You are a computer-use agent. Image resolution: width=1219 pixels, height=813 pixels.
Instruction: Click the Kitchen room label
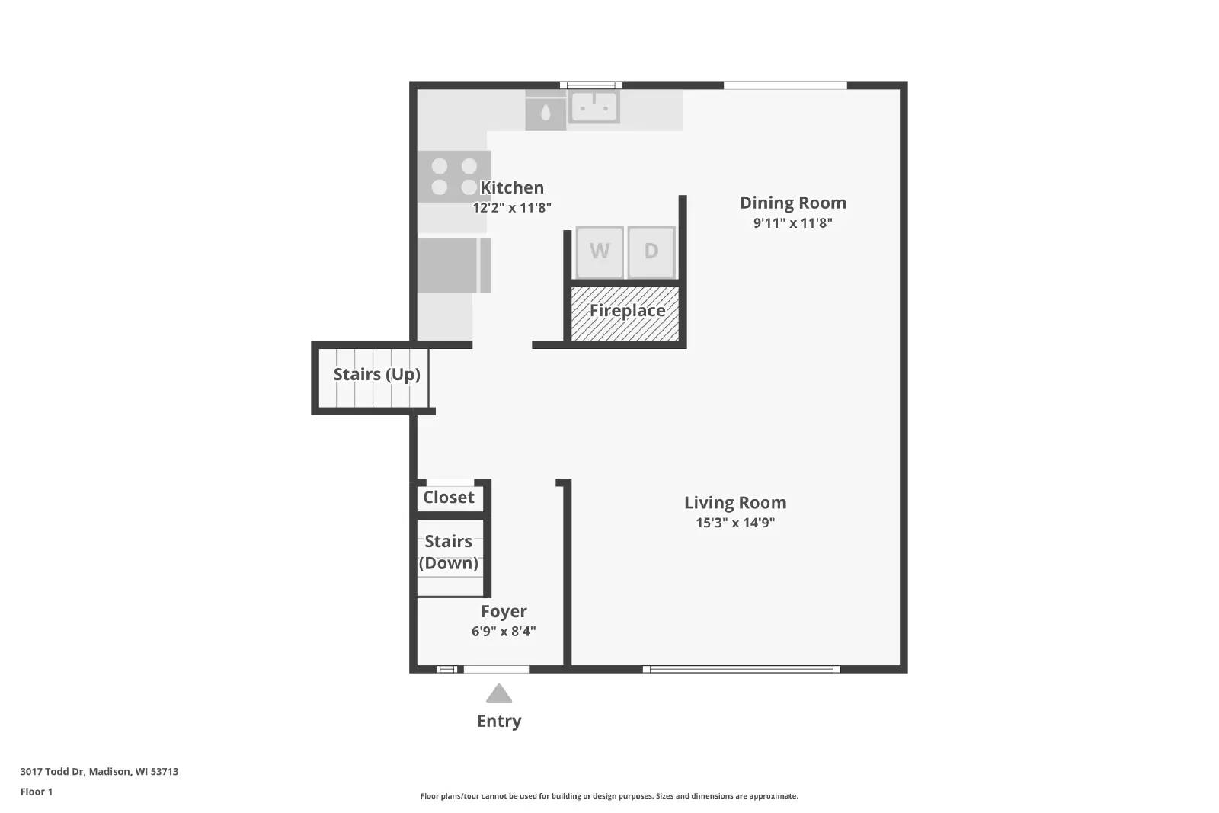pos(511,187)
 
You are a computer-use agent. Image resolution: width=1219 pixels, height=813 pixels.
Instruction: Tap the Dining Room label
pos(793,203)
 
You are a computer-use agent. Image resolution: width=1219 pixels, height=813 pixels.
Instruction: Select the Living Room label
pos(735,502)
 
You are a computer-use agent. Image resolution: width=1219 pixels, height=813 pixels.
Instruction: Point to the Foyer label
pos(504,612)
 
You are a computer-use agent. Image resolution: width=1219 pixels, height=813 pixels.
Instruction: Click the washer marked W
pos(599,251)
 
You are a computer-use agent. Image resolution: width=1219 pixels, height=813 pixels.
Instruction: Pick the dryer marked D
pos(651,251)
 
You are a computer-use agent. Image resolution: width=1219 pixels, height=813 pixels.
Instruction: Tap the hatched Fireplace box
pos(625,313)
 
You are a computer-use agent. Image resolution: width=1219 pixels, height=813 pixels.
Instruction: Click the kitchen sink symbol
pos(594,107)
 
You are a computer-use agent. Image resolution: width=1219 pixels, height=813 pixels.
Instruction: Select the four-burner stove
pos(454,177)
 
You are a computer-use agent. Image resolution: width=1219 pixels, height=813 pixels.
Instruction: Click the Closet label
pos(449,497)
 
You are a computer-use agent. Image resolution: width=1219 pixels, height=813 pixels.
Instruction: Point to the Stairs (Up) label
pos(376,374)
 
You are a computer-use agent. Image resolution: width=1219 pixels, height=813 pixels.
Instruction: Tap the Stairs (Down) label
pos(449,552)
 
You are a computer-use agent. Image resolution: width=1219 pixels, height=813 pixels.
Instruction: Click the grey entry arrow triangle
pos(499,694)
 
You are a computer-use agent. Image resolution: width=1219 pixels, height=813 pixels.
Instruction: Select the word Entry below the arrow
pos(499,721)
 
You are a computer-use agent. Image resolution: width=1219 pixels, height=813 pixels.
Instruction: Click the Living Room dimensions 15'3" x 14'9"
pos(735,523)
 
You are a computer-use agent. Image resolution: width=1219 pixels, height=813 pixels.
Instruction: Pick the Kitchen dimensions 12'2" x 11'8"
pos(511,207)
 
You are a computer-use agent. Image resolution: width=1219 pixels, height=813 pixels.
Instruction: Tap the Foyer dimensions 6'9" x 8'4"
pos(504,631)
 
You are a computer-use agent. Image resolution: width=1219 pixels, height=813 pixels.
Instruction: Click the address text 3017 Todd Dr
pos(53,771)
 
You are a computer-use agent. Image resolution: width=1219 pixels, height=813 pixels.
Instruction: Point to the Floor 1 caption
pos(37,792)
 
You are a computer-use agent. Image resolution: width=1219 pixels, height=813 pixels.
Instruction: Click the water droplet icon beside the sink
pos(546,114)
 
